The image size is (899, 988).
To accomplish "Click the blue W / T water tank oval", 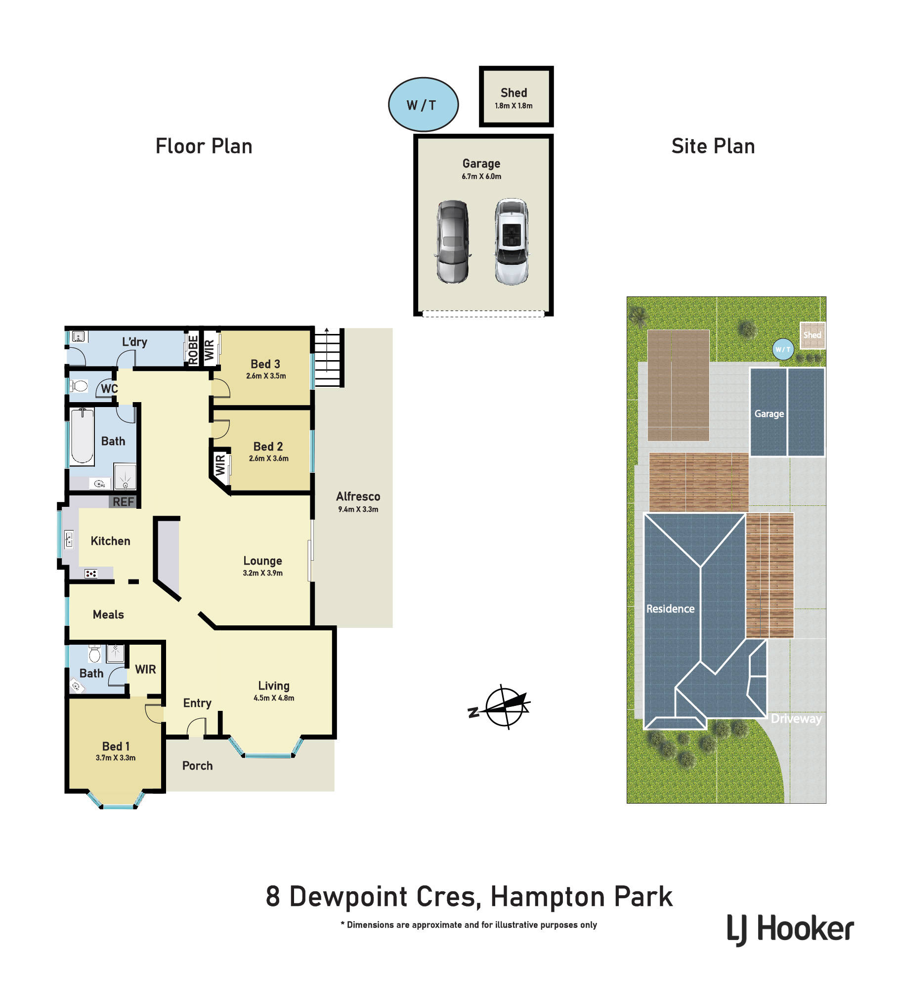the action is click(x=424, y=105).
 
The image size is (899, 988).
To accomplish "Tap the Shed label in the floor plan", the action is click(x=514, y=93).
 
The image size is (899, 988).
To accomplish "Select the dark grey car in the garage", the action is click(x=453, y=242).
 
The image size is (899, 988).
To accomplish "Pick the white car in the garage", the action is click(x=512, y=242).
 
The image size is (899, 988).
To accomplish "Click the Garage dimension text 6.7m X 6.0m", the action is click(x=481, y=176).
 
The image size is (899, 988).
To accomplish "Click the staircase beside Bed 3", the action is click(x=329, y=358).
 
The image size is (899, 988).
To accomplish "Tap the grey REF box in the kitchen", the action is click(x=123, y=502).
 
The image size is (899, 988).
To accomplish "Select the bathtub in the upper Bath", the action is click(x=82, y=437).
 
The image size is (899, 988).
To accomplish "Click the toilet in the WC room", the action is click(x=79, y=386).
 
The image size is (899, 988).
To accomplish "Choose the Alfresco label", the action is click(x=358, y=496).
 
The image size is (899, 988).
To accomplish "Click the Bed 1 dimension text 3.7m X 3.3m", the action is click(x=116, y=758).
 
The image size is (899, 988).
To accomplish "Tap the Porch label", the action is click(x=198, y=766).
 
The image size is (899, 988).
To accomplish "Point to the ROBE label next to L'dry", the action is click(x=193, y=350).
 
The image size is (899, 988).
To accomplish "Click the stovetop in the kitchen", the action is click(x=91, y=574).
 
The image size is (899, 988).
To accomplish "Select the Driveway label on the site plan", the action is click(x=796, y=719).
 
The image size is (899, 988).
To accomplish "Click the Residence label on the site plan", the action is click(x=670, y=609).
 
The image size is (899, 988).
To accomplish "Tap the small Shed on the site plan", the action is click(x=812, y=335).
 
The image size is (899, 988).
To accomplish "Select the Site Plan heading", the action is click(x=713, y=146).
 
